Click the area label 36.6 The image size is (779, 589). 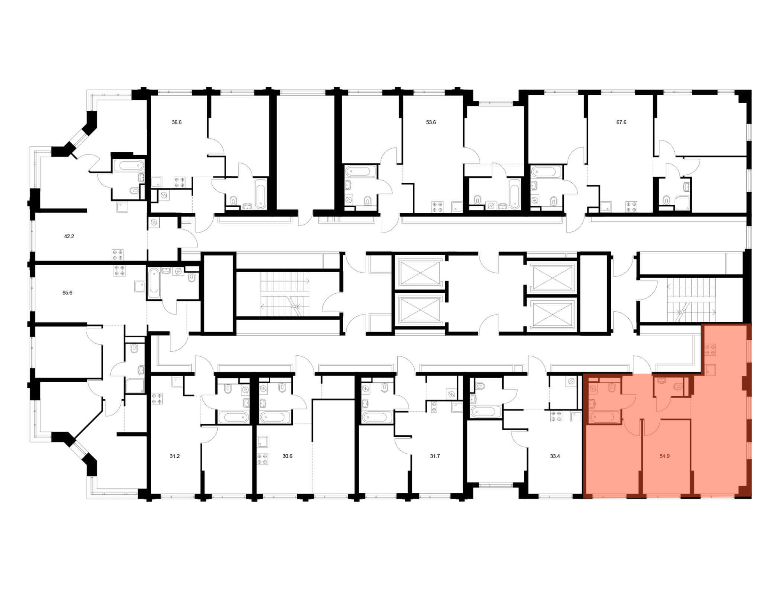click(176, 122)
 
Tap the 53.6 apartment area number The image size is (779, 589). click(431, 122)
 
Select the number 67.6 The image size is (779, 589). click(621, 122)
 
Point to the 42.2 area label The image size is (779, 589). click(69, 236)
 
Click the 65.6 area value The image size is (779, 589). click(67, 293)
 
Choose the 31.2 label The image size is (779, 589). click(174, 456)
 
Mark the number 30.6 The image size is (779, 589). click(287, 456)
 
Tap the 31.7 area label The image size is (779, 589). click(435, 456)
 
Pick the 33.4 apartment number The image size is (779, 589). click(555, 456)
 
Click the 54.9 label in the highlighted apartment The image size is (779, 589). click(664, 456)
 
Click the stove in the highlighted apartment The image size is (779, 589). click(710, 349)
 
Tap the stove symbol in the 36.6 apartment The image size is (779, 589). click(180, 182)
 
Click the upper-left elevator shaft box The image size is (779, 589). click(419, 272)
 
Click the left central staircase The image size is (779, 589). click(285, 294)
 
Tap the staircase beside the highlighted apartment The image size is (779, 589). click(691, 300)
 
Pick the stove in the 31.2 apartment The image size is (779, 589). click(157, 399)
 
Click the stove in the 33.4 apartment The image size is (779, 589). click(556, 416)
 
